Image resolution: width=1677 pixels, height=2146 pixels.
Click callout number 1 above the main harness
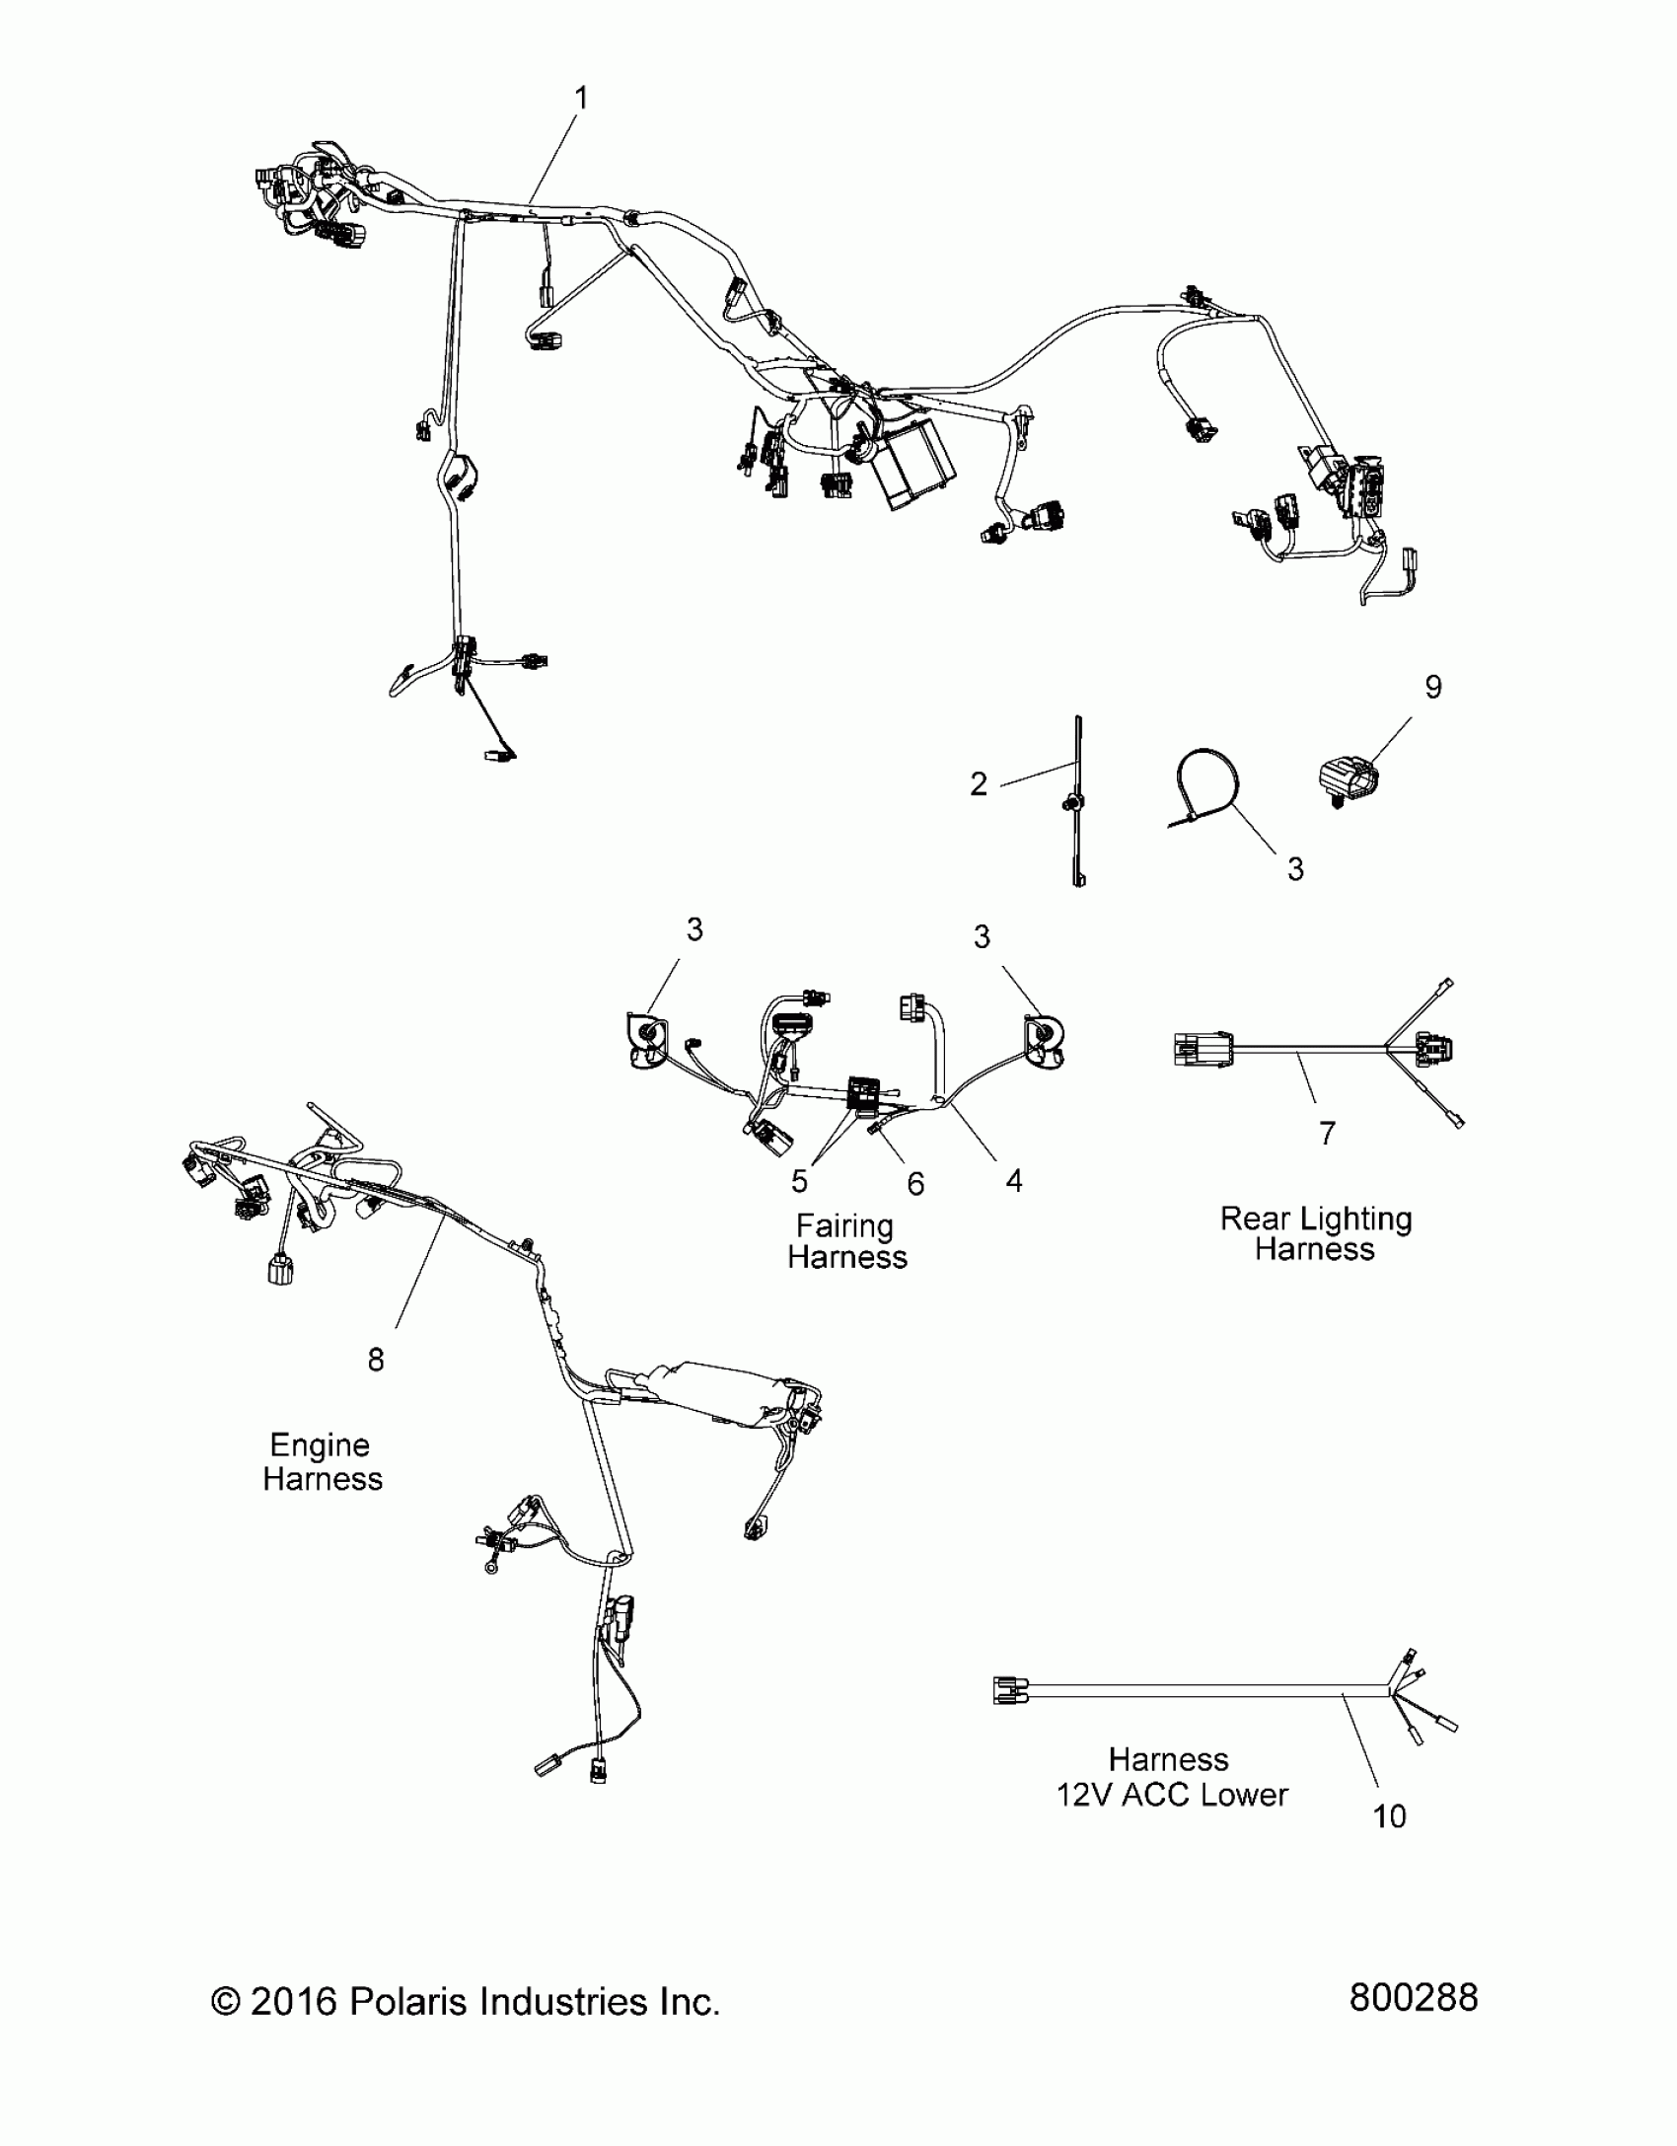coord(581,99)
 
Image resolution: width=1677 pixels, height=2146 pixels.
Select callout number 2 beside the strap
coord(978,784)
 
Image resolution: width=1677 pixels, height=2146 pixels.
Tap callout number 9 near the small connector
coord(1433,687)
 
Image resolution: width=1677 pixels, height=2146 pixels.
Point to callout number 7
coord(1328,1134)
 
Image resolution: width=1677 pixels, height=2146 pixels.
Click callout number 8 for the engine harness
coord(376,1360)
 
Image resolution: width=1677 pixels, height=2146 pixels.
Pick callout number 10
coord(1389,1816)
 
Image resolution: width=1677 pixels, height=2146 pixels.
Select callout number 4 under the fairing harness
coord(1014,1180)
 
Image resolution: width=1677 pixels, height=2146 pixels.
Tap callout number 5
coord(799,1181)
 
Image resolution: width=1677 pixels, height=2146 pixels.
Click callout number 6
coord(915,1184)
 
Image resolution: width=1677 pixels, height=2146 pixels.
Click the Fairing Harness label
coord(846,1241)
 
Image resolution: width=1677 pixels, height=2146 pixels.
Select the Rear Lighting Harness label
coord(1316,1233)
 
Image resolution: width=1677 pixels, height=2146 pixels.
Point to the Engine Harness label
coord(322,1460)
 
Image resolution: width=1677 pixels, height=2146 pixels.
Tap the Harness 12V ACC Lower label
coord(1171,1777)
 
